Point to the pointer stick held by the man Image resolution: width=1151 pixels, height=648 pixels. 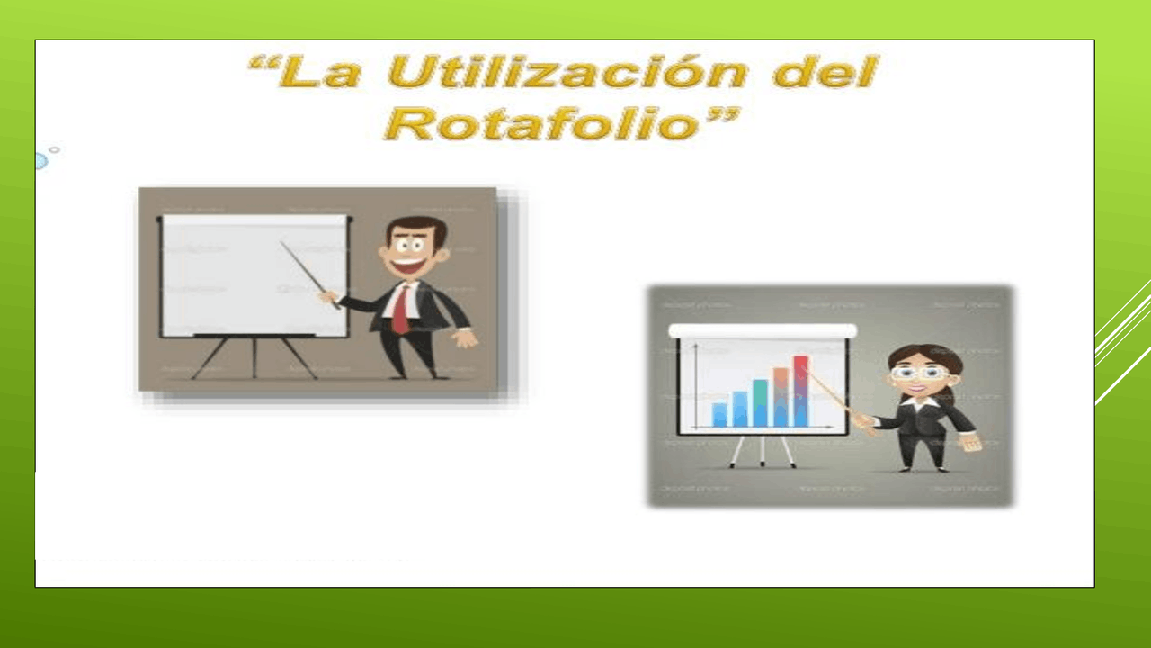[x=306, y=270]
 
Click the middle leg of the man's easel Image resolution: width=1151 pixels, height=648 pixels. [x=254, y=357]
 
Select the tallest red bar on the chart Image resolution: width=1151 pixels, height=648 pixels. [x=800, y=391]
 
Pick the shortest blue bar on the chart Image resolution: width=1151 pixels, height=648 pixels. [x=719, y=414]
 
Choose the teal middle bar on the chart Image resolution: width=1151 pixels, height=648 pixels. [x=760, y=402]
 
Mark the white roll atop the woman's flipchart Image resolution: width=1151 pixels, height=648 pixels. [x=763, y=330]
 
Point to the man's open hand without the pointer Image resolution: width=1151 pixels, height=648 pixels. [x=465, y=337]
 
